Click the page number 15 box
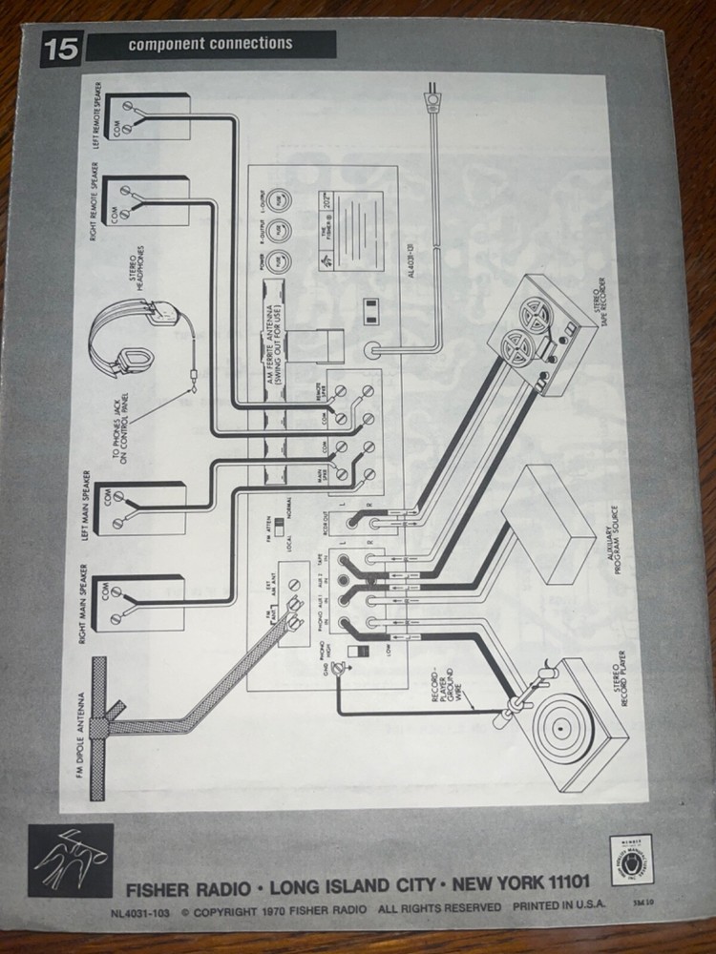click(62, 48)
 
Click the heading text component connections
click(210, 44)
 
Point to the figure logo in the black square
click(72, 860)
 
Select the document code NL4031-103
click(143, 912)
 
